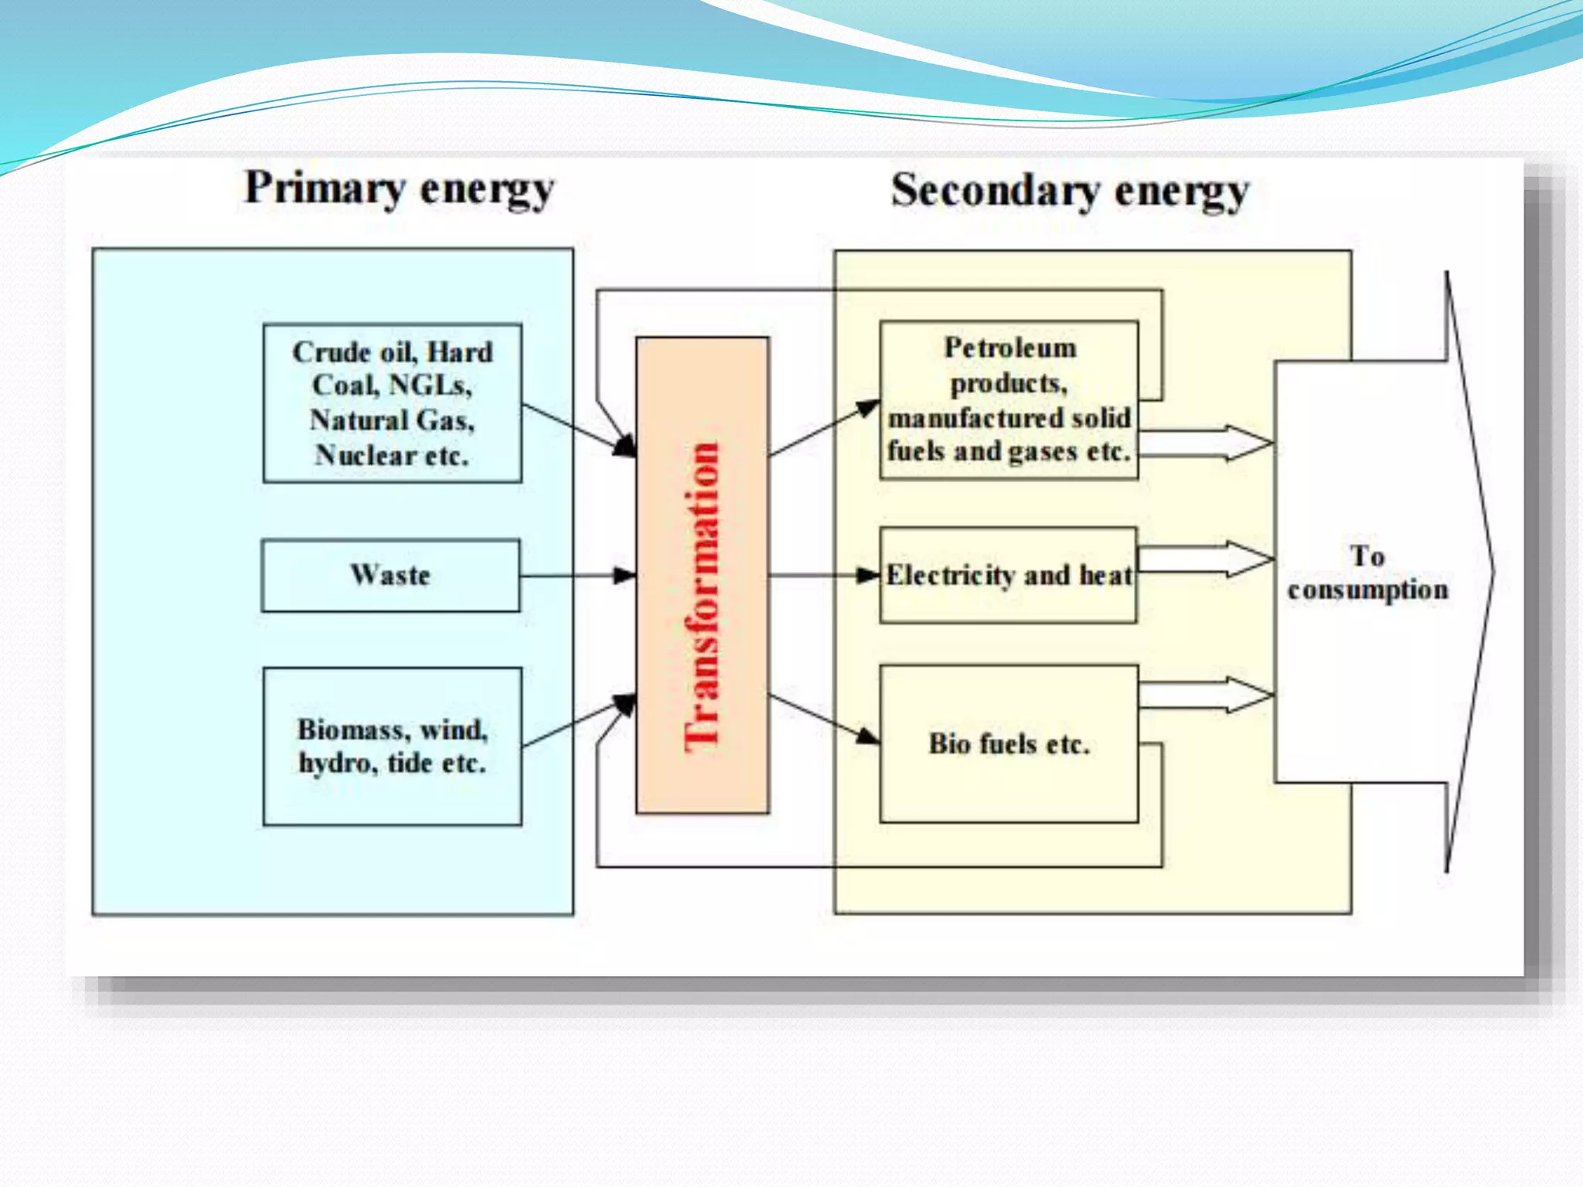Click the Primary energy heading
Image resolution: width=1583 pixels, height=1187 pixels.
(400, 189)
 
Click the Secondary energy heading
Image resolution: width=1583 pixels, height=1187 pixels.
(1070, 191)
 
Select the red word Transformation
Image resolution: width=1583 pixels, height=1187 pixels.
(702, 595)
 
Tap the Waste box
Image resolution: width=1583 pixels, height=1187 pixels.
(390, 576)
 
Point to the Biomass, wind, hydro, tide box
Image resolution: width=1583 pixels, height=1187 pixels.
(392, 747)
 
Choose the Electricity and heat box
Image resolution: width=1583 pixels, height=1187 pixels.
(1008, 576)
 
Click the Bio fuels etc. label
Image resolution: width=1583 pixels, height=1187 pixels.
(1009, 744)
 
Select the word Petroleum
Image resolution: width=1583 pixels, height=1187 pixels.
(1009, 349)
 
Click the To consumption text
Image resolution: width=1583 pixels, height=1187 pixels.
(1367, 573)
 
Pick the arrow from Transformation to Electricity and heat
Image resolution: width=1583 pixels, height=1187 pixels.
(823, 576)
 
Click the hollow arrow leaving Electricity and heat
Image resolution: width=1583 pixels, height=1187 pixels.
(1206, 559)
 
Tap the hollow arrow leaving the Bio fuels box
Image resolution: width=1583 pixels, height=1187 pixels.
(1206, 695)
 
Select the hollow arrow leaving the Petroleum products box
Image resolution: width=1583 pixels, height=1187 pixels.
(1206, 443)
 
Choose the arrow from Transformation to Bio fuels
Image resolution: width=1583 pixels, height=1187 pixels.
(823, 719)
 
